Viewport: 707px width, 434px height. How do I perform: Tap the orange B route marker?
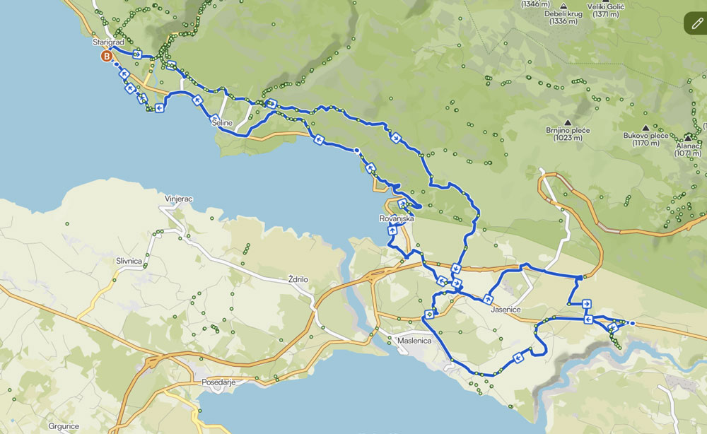(107, 57)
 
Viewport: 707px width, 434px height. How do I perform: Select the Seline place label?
(222, 123)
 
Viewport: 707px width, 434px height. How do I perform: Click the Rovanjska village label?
(396, 219)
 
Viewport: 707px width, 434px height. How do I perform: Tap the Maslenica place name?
(414, 341)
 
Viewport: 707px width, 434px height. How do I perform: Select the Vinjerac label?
(179, 199)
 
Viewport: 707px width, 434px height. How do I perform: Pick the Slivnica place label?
(129, 261)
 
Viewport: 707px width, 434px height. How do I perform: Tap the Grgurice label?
(63, 426)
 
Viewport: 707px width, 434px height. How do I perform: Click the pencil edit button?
(698, 23)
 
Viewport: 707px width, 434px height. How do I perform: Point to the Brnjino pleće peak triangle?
(567, 121)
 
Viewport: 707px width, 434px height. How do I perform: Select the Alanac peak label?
(689, 145)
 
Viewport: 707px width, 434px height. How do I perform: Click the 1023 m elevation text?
(568, 139)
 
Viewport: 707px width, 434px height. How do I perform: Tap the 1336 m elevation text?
(563, 21)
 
